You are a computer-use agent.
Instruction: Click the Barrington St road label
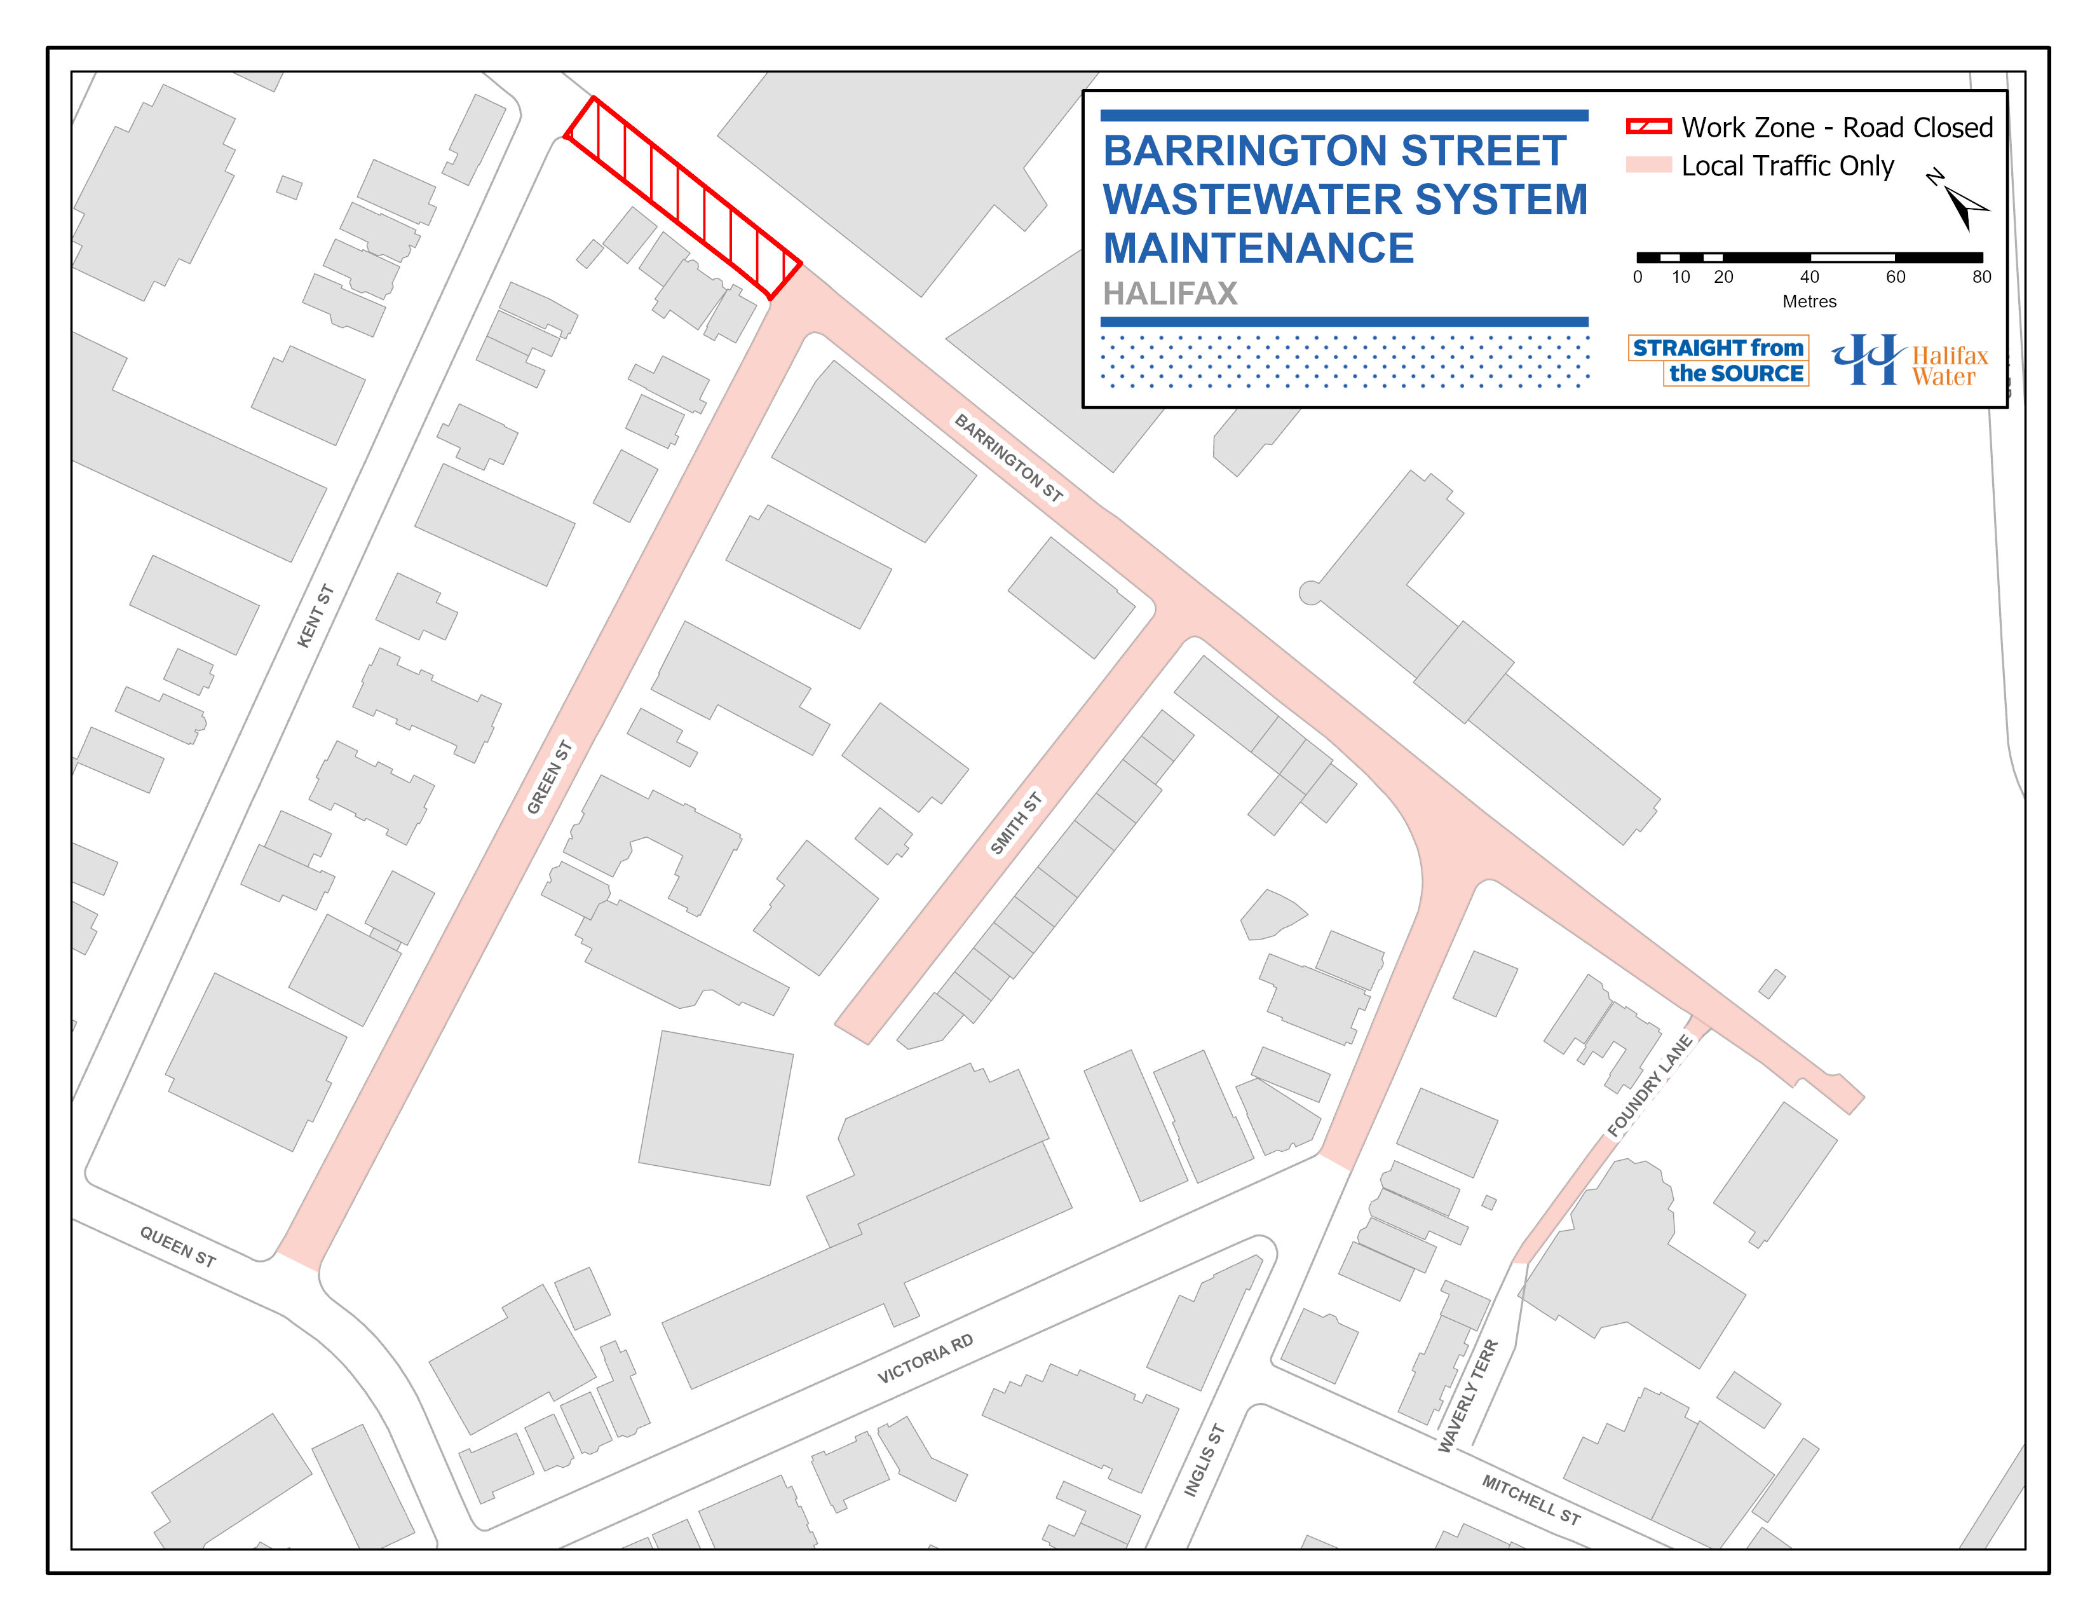click(x=1008, y=458)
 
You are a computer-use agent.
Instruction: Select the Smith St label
click(x=1016, y=823)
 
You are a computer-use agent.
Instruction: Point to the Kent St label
click(x=315, y=615)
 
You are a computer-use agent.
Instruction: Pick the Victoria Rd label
click(x=925, y=1358)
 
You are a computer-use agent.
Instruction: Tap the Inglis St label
click(x=1204, y=1460)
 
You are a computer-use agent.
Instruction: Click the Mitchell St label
click(x=1531, y=1499)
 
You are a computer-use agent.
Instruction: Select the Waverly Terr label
click(x=1467, y=1395)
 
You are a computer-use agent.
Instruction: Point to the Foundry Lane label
click(x=1648, y=1086)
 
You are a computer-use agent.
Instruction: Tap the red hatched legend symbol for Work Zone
click(x=1648, y=127)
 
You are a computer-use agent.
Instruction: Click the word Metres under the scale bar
click(x=1809, y=301)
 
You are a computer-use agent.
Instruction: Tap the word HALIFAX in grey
click(x=1169, y=293)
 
